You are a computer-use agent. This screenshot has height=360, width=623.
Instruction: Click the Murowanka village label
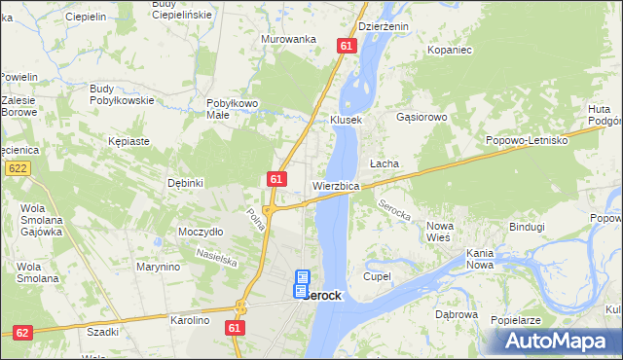point(289,39)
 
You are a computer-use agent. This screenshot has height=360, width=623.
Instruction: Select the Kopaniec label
point(450,48)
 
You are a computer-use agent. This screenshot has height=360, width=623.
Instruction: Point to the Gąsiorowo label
point(421,117)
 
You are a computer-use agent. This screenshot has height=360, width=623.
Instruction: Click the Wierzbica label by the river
point(337,185)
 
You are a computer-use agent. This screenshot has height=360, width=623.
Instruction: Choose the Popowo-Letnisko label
point(527,141)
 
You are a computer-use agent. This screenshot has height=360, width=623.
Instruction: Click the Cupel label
point(377,276)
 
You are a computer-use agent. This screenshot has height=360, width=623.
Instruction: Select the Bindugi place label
point(527,227)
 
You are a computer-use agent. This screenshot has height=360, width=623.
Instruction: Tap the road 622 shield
point(17,168)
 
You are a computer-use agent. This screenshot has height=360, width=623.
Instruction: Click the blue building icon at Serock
point(302,284)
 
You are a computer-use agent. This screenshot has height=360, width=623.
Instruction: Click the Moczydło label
point(201,233)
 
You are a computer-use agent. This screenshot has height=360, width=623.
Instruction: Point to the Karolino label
point(190,320)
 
